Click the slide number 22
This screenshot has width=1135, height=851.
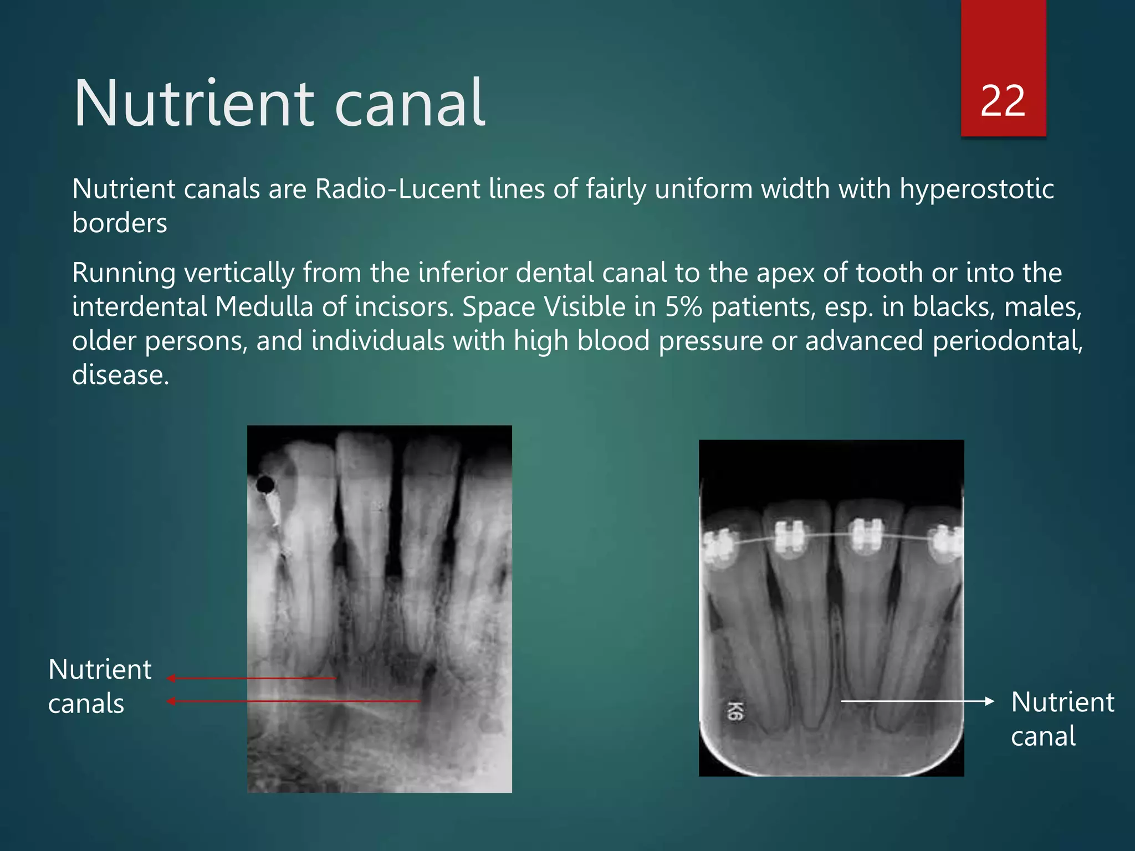[x=1003, y=101]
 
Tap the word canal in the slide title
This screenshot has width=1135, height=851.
[x=410, y=104]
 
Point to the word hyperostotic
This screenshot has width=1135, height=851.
[x=976, y=189]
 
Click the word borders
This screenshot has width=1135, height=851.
[x=119, y=223]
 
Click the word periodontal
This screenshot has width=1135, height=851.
[x=1007, y=341]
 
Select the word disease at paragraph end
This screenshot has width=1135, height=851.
[x=120, y=375]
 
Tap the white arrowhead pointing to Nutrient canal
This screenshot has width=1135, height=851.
[x=990, y=701]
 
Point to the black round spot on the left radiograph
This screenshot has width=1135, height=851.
[x=265, y=485]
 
